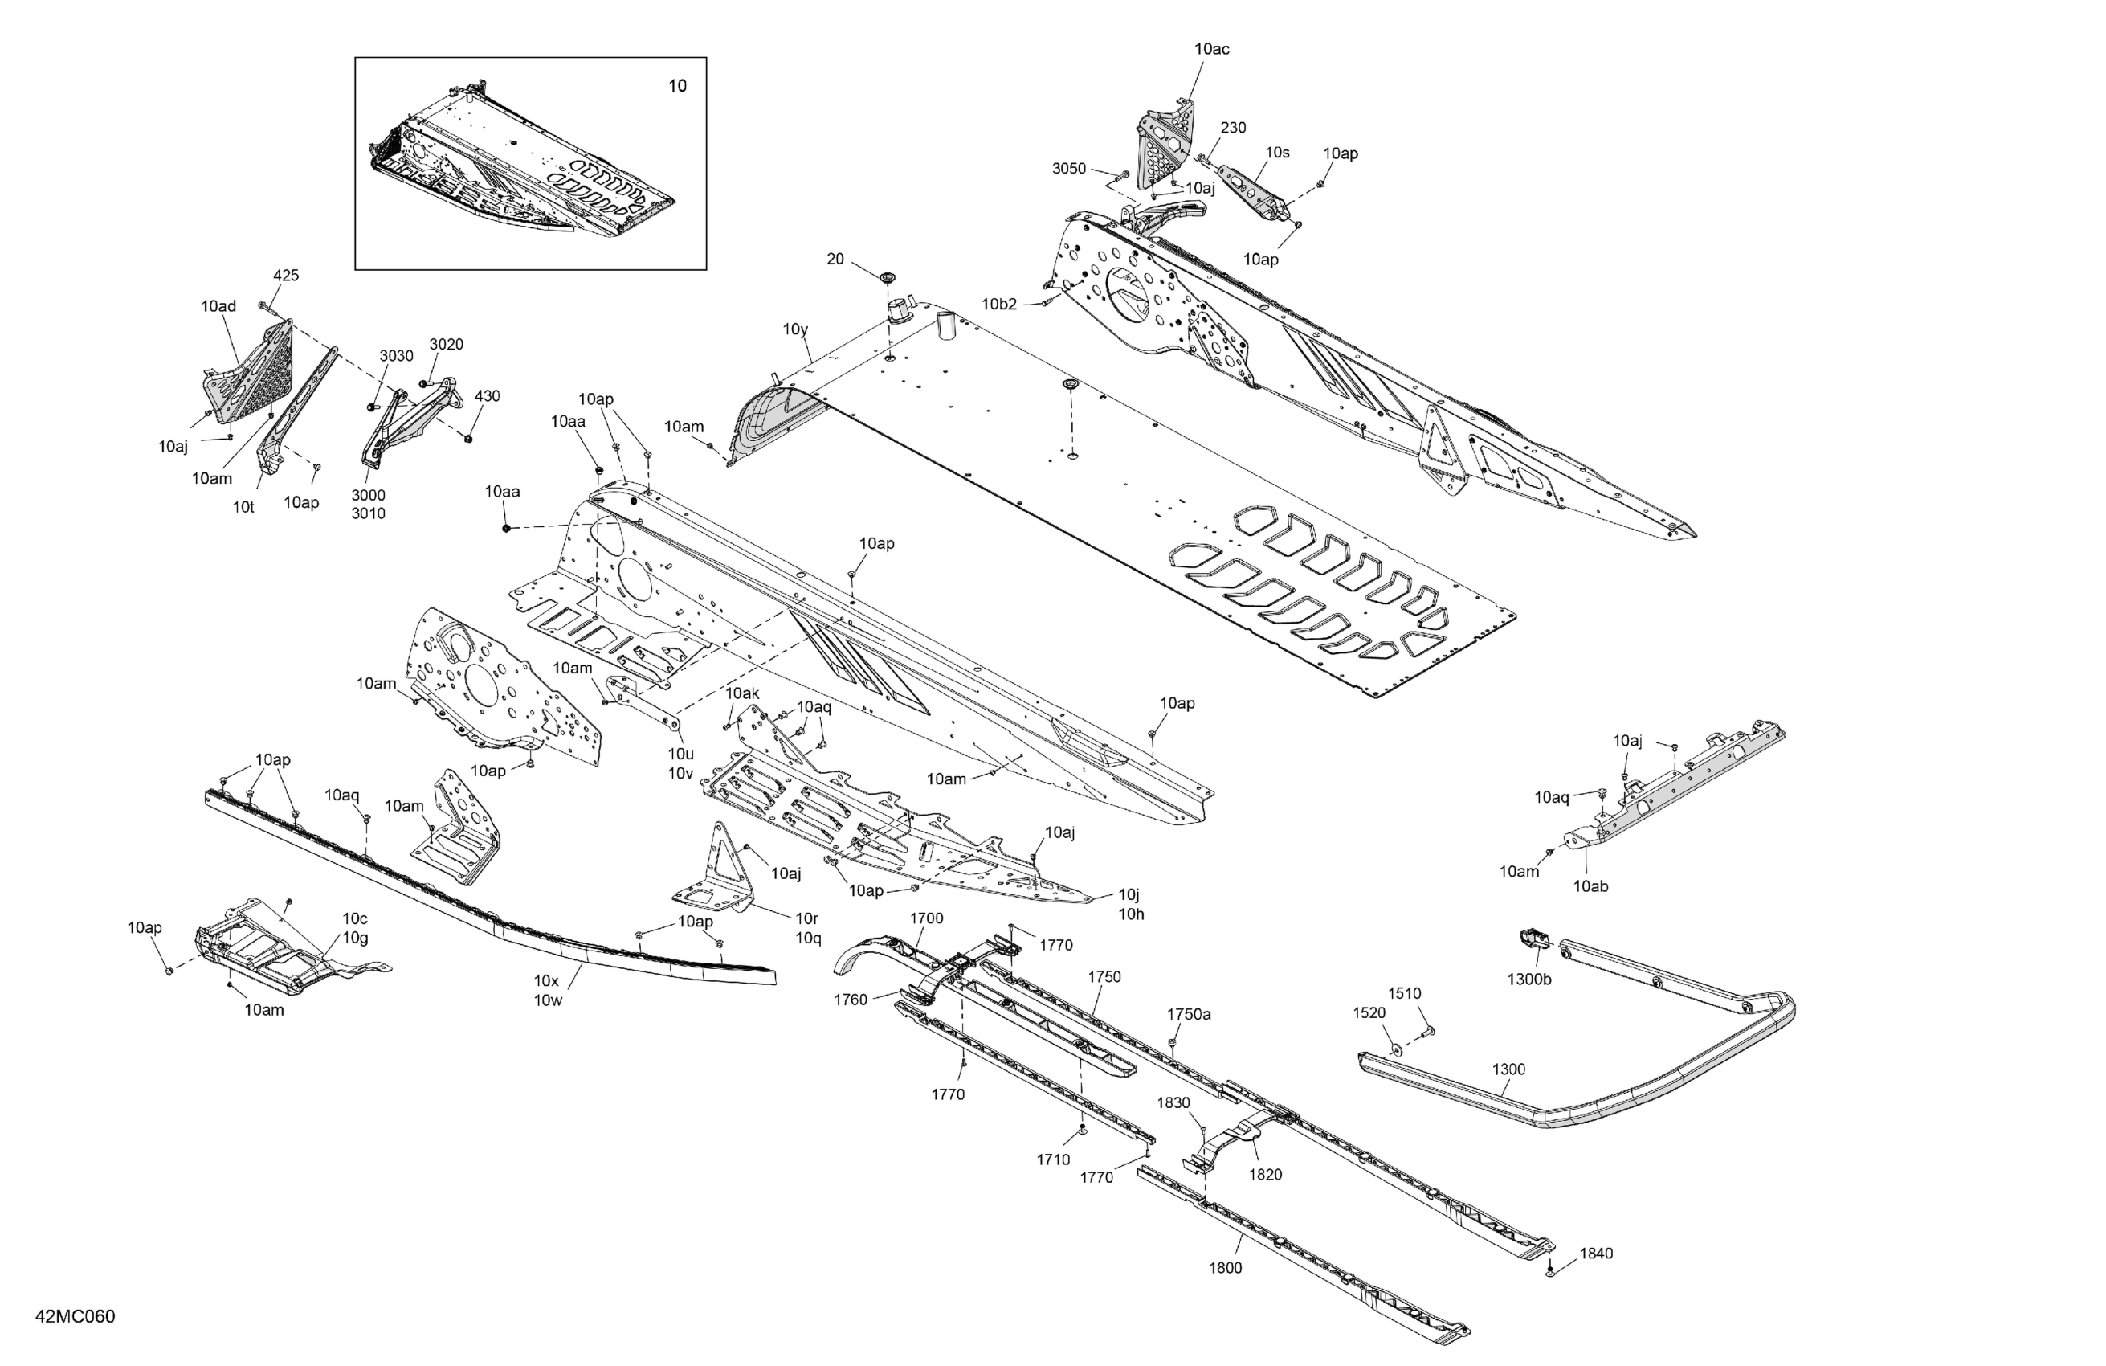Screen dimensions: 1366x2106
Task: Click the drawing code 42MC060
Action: [x=76, y=1316]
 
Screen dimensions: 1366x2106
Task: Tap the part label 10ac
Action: [x=1211, y=50]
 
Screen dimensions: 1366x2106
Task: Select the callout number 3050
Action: [x=1069, y=168]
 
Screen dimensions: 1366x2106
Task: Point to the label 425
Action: [x=286, y=276]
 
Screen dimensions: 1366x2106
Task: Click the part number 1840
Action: [x=1596, y=1254]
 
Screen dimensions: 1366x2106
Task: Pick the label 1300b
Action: [x=1529, y=980]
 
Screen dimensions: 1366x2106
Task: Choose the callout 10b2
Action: [x=999, y=305]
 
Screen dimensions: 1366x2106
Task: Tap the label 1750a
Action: [x=1190, y=1015]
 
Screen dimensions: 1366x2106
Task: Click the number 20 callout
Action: [x=835, y=260]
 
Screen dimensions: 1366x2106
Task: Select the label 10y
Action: [x=795, y=329]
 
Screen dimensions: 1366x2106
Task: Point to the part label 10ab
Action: [x=1590, y=886]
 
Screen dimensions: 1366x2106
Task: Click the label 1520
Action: [x=1369, y=1012]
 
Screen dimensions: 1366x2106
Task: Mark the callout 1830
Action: [x=1173, y=1103]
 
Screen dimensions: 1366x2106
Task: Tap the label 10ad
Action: [x=218, y=306]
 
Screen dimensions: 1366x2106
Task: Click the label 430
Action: [x=487, y=395]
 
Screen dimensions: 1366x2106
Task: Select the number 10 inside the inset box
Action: [x=677, y=86]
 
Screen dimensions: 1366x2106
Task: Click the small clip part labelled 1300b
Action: [x=1532, y=938]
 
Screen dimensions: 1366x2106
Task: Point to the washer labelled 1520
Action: [x=1395, y=1049]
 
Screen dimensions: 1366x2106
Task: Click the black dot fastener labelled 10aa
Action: [x=506, y=529]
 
